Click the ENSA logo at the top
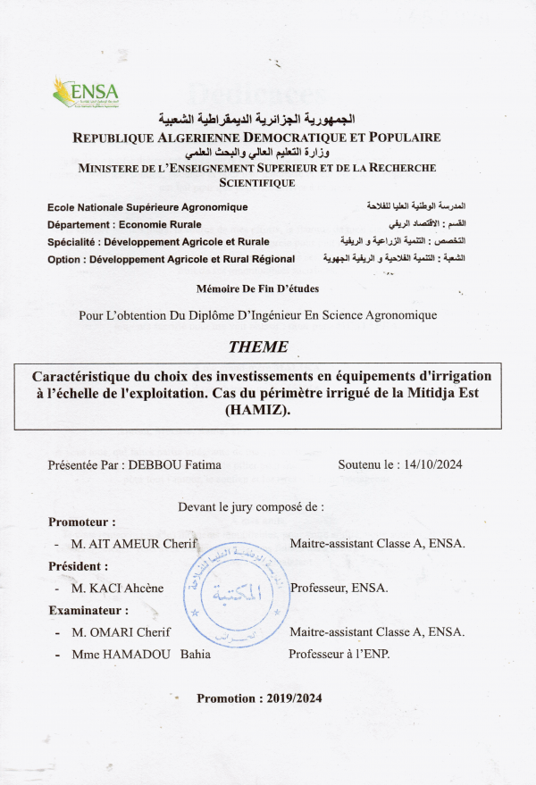(x=86, y=92)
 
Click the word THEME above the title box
(x=258, y=347)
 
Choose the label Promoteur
(x=81, y=522)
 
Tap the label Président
(x=78, y=566)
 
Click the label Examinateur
(x=88, y=611)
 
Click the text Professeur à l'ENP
(x=339, y=655)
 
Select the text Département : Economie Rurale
(x=124, y=224)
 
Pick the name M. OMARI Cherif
(x=121, y=632)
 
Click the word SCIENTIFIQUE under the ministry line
(x=257, y=182)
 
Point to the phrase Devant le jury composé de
(x=251, y=506)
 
